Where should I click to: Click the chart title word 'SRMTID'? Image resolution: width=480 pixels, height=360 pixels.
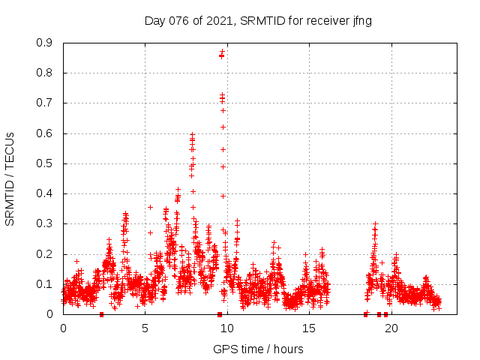[262, 21]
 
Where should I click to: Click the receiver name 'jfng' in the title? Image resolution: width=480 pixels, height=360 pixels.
[360, 21]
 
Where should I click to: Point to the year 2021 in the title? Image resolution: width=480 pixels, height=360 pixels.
[220, 21]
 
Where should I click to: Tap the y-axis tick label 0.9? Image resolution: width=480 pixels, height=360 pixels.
[44, 43]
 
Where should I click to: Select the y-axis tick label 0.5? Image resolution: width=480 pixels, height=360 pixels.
[44, 163]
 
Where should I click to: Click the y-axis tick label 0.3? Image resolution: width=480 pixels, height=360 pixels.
[44, 223]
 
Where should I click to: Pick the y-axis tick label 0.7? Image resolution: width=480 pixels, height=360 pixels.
[44, 103]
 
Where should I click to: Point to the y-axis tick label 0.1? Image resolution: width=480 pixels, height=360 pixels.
[44, 284]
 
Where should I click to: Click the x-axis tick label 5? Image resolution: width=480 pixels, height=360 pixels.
[145, 328]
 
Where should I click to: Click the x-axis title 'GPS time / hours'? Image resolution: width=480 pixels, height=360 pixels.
[258, 349]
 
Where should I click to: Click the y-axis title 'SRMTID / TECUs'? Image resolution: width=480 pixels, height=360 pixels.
[10, 178]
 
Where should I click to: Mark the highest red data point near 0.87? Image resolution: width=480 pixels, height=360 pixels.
[222, 52]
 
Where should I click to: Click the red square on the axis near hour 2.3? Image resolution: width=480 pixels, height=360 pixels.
[101, 314]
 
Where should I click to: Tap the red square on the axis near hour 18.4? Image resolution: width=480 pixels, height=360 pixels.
[365, 314]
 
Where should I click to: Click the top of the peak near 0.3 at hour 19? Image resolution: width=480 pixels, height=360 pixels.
[375, 223]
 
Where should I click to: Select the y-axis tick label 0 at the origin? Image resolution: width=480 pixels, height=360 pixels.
[50, 314]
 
